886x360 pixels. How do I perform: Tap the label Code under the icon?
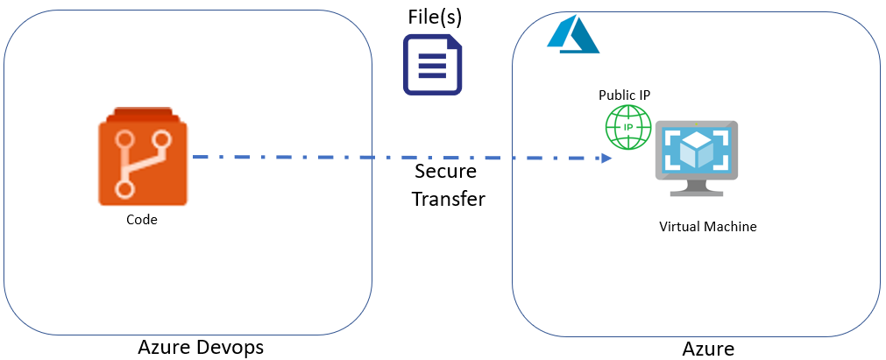click(x=141, y=220)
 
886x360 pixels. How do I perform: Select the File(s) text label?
click(x=435, y=17)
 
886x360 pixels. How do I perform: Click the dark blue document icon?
click(x=432, y=65)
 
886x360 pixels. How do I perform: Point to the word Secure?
click(x=446, y=171)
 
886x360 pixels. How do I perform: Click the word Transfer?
click(x=448, y=199)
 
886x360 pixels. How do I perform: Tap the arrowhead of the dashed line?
click(x=606, y=158)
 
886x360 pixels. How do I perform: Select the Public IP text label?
click(x=624, y=95)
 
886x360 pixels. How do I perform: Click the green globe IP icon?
click(x=628, y=126)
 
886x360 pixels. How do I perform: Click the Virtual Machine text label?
click(x=707, y=227)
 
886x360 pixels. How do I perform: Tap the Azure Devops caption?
click(x=201, y=348)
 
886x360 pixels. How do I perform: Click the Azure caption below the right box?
click(x=708, y=349)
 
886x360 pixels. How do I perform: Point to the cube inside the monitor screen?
click(x=696, y=151)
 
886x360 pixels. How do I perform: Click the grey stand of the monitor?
click(x=696, y=187)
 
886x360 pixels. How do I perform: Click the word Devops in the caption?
click(x=231, y=348)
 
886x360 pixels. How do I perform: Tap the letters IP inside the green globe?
click(x=628, y=127)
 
